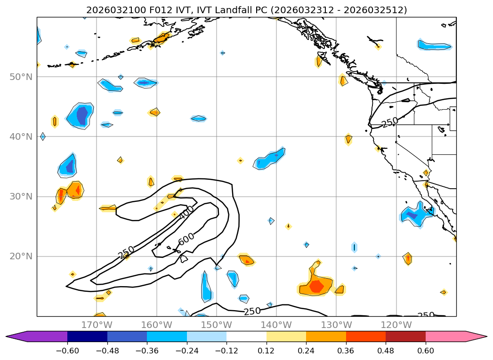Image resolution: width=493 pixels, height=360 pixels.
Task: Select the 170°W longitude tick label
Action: click(97, 325)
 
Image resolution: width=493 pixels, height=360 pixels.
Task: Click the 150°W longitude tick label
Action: click(216, 325)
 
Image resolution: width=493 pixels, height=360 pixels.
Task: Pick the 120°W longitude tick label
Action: click(396, 325)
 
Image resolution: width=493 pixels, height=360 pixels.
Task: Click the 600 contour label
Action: click(186, 240)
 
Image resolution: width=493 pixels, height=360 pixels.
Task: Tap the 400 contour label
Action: click(186, 212)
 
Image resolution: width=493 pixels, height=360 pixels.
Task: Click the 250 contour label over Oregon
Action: click(390, 122)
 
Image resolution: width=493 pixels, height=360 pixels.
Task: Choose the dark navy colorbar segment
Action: click(87, 336)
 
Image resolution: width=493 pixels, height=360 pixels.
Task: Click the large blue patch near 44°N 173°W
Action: click(81, 115)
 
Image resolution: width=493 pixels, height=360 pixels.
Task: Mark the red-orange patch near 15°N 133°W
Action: click(316, 286)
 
